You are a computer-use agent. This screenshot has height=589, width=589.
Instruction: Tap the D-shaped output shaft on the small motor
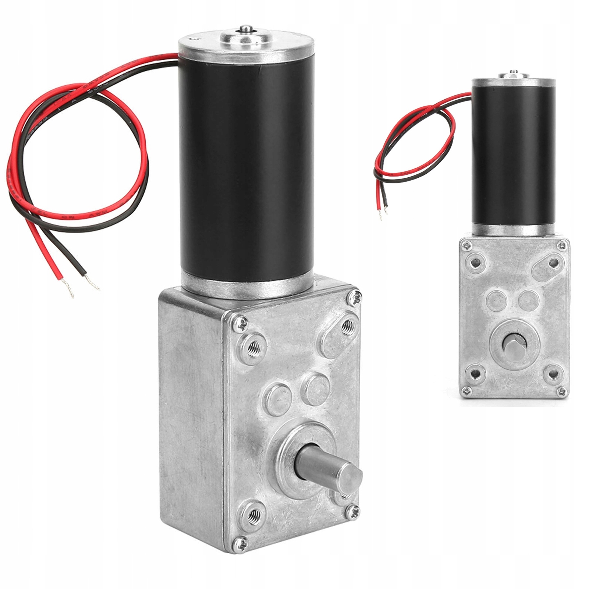tap(511, 345)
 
